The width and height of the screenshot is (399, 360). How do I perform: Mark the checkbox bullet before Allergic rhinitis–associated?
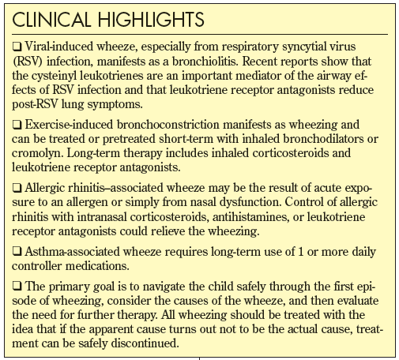click(x=19, y=189)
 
